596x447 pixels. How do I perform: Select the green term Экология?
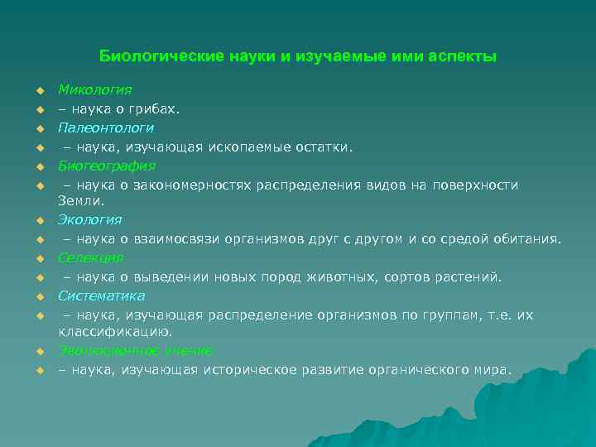(89, 219)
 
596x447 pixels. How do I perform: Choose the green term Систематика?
(101, 296)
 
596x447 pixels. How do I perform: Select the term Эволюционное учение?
(134, 350)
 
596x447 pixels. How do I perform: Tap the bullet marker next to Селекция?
(38, 258)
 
